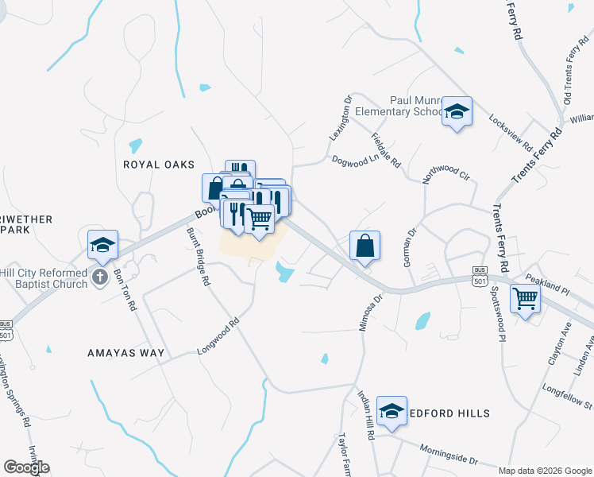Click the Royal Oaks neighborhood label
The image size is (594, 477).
click(159, 165)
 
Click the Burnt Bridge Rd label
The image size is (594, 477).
click(199, 257)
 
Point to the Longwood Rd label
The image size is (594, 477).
click(218, 337)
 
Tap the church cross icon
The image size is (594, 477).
click(99, 277)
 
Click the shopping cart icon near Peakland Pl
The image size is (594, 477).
click(525, 298)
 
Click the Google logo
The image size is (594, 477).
click(26, 467)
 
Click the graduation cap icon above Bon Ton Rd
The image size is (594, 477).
click(102, 244)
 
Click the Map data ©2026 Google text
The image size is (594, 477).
click(545, 471)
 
